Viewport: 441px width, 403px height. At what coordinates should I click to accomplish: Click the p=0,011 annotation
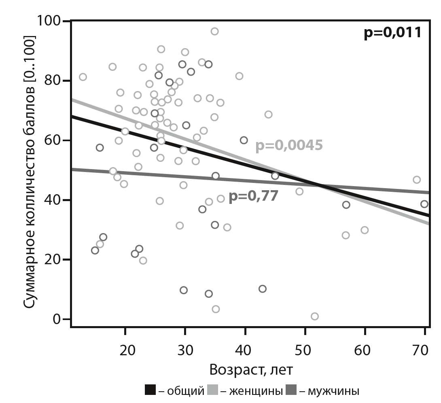click(x=392, y=32)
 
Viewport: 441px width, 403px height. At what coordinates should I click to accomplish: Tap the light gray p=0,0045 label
click(x=289, y=146)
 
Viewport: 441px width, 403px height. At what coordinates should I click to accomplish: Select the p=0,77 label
click(x=253, y=196)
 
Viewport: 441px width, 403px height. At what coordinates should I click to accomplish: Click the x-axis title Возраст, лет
click(x=251, y=369)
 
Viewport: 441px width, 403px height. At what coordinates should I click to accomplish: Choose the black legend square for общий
click(x=150, y=390)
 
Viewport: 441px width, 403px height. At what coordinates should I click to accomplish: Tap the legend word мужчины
click(x=333, y=391)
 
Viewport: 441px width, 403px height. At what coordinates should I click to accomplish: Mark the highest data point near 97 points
click(x=214, y=31)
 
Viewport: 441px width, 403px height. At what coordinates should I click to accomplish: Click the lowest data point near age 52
click(x=314, y=316)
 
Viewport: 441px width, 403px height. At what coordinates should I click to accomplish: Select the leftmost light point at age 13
click(x=83, y=77)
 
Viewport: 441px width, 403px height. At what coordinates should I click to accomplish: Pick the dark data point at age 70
click(x=424, y=204)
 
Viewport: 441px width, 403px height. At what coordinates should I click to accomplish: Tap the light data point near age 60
click(x=365, y=230)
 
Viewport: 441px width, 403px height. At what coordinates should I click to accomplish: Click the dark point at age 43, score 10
click(x=263, y=289)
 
